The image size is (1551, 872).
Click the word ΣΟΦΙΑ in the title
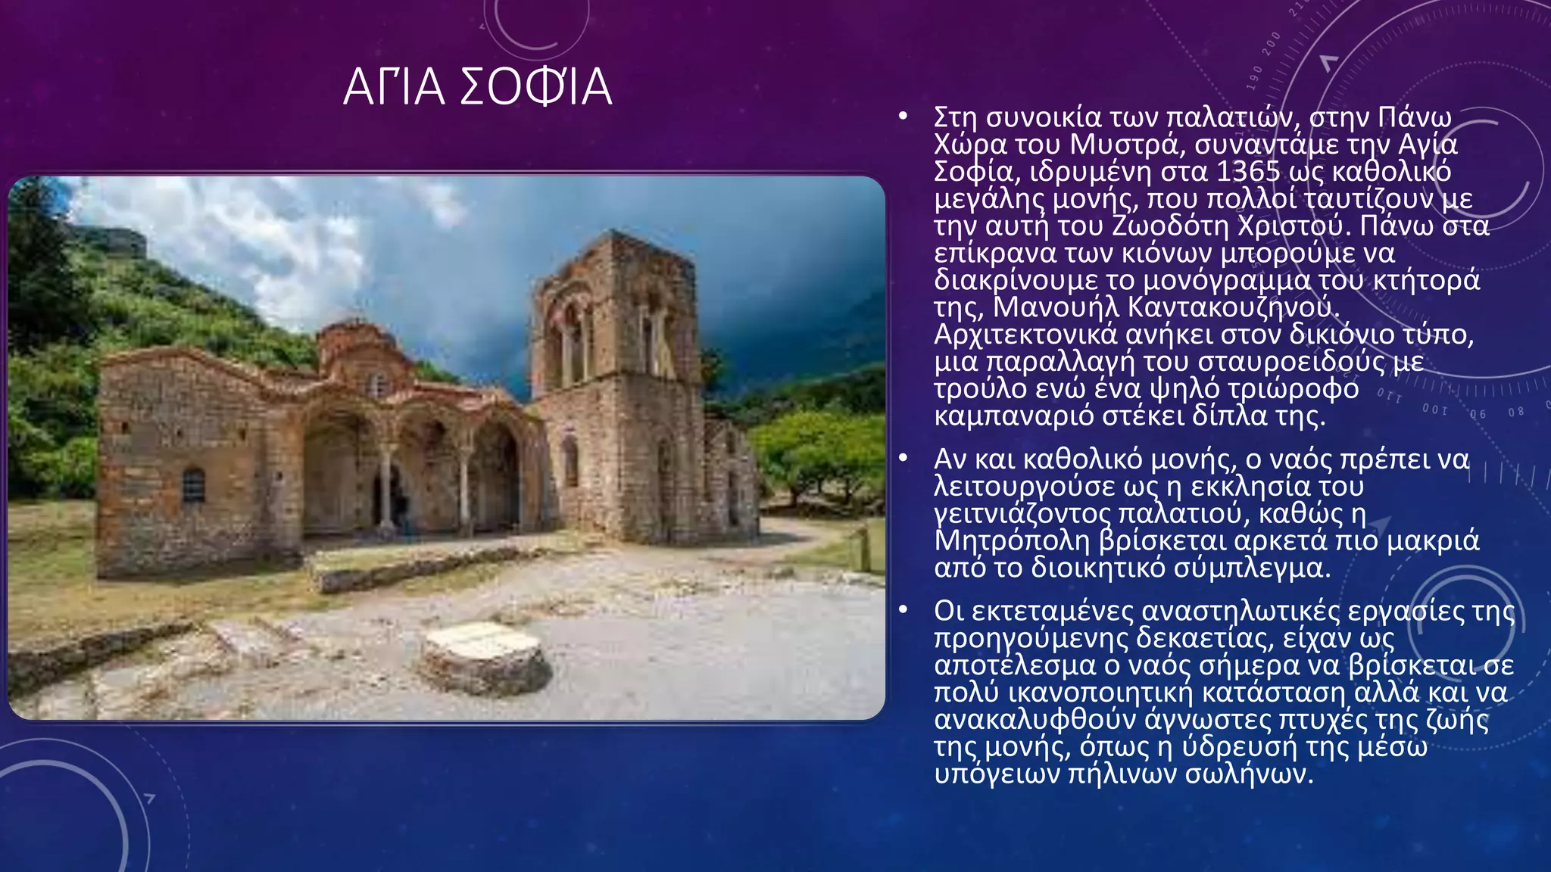pyautogui.click(x=535, y=87)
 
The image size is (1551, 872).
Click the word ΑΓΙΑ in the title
pyautogui.click(x=394, y=87)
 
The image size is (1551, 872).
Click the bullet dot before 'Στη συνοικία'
pyautogui.click(x=902, y=117)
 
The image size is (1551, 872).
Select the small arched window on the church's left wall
pyautogui.click(x=194, y=484)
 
